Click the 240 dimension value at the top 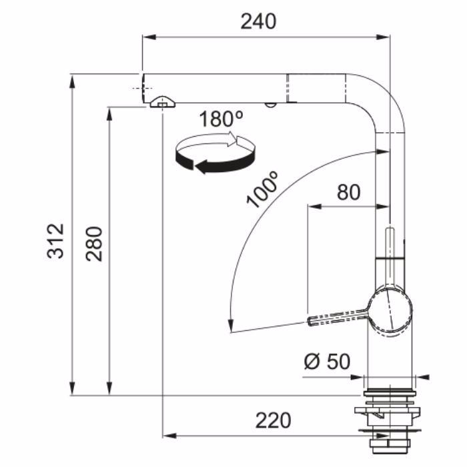(x=258, y=22)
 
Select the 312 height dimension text (x=55, y=241)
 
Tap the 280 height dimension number (x=94, y=244)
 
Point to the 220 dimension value (x=273, y=420)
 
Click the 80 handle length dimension (x=348, y=192)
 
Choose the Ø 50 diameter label (x=328, y=362)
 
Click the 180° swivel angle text (x=221, y=119)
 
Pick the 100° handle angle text (x=262, y=189)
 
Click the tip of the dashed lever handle (x=309, y=322)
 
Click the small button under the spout (x=270, y=105)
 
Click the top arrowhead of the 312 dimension (x=72, y=81)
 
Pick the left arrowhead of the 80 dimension (x=314, y=206)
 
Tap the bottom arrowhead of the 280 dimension (x=110, y=388)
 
